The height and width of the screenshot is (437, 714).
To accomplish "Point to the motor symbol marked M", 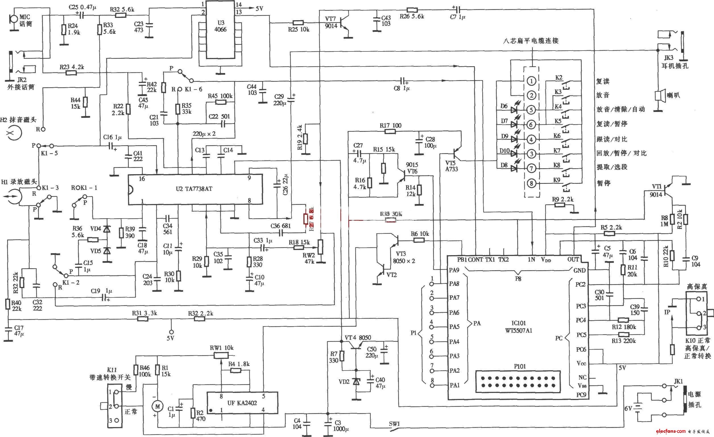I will pyautogui.click(x=157, y=407).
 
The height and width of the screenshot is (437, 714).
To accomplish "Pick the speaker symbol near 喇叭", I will pyautogui.click(x=658, y=96).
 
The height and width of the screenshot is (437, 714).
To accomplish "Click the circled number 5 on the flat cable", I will pyautogui.click(x=531, y=110).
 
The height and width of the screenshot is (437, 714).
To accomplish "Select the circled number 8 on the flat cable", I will pyautogui.click(x=531, y=184).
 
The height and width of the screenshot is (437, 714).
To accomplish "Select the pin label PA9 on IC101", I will pyautogui.click(x=454, y=270).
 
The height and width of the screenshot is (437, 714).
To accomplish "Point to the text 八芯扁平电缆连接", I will pyautogui.click(x=531, y=41).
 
